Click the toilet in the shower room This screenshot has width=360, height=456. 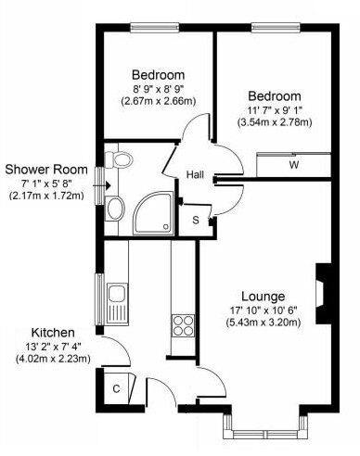119,159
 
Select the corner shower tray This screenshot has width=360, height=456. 155,212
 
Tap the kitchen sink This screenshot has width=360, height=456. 117,303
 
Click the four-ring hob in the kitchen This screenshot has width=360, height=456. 183,325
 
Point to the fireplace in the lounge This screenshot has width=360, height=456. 324,294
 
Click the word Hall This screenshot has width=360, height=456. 195,175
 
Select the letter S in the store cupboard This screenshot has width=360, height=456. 196,221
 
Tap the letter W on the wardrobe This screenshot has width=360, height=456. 294,165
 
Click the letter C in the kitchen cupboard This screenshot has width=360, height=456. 116,388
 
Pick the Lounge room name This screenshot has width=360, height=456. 263,297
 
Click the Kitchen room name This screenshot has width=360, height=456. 53,333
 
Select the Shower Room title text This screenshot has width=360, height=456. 46,170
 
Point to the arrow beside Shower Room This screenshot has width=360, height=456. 102,185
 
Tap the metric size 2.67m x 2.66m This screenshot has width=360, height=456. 159,101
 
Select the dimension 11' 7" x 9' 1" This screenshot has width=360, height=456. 275,109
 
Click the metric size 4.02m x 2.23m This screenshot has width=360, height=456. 53,359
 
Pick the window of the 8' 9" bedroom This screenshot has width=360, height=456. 155,28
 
